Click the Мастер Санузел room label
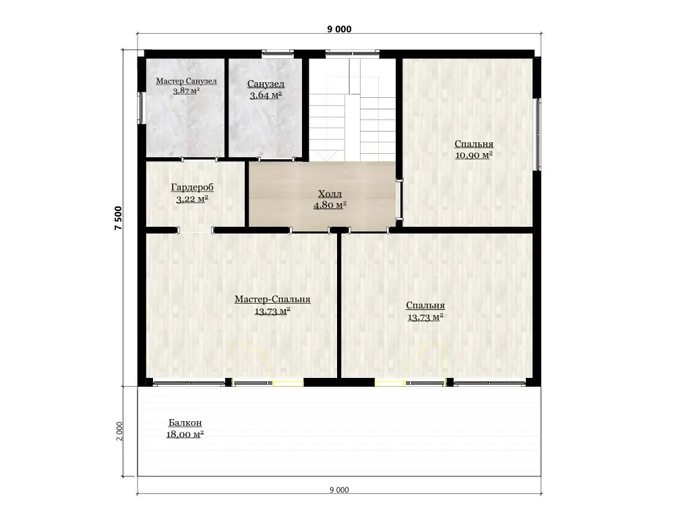tap(186, 82)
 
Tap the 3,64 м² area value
tap(266, 95)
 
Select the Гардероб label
tap(192, 187)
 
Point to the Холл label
tap(330, 194)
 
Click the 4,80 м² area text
tap(330, 205)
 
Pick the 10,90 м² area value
tap(474, 155)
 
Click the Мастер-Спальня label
tap(272, 300)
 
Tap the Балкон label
tap(185, 423)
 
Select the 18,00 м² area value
tap(185, 435)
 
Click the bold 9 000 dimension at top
tap(340, 29)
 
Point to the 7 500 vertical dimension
tap(118, 218)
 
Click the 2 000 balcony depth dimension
tap(119, 431)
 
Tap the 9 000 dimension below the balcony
tap(339, 490)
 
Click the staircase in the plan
tap(353, 110)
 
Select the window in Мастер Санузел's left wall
tap(141, 107)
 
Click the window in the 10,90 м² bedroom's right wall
tap(538, 134)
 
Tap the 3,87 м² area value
tap(186, 91)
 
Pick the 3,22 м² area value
tap(192, 199)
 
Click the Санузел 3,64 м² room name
tap(266, 84)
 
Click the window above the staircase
tap(353, 54)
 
